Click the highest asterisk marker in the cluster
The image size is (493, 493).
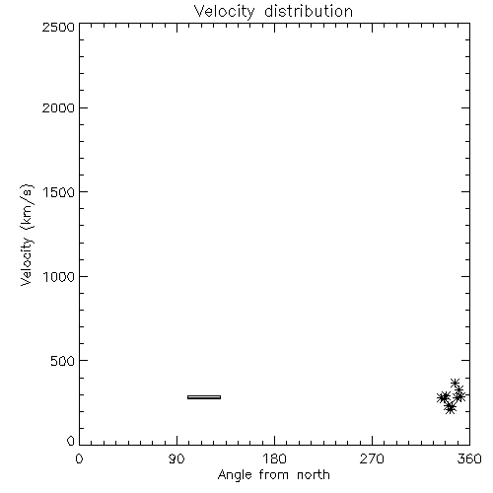[455, 383]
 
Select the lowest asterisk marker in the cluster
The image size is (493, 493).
[450, 408]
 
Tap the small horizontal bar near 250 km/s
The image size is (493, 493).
[204, 397]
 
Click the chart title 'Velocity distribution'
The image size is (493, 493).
[273, 11]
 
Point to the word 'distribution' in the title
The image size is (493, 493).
[309, 11]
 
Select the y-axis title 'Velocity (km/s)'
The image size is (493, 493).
[27, 235]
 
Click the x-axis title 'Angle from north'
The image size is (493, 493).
[273, 475]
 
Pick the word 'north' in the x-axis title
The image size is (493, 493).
[314, 475]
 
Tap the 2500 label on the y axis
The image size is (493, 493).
[58, 27]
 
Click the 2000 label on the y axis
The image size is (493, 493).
[58, 107]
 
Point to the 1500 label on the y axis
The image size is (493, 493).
[59, 192]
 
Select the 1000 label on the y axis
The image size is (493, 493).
[59, 276]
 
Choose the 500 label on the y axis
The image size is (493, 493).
[63, 361]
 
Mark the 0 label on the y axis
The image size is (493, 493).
[71, 441]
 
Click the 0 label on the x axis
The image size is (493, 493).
[79, 458]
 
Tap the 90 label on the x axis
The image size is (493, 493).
[176, 458]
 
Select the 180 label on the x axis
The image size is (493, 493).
[274, 458]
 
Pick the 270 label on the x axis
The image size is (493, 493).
[372, 458]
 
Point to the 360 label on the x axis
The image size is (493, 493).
[469, 458]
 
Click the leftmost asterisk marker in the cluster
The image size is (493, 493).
[442, 397]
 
